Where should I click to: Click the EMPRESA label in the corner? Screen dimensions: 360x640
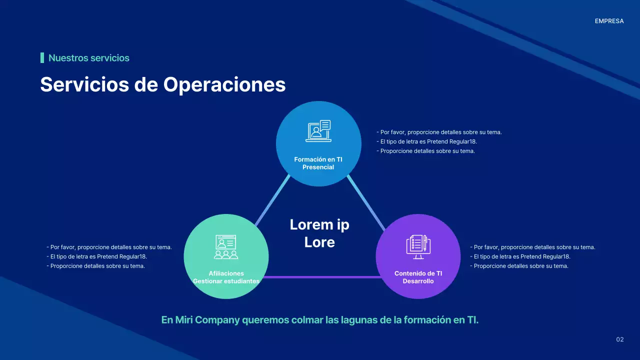click(x=609, y=21)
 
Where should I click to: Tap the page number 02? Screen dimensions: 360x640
click(x=620, y=340)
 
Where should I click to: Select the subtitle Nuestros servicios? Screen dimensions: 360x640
click(x=89, y=58)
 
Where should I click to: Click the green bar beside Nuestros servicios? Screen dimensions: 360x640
click(x=42, y=58)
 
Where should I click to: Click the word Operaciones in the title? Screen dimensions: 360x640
click(x=224, y=84)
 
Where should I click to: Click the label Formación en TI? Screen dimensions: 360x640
click(x=318, y=159)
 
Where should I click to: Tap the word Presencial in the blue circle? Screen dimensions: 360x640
click(x=318, y=167)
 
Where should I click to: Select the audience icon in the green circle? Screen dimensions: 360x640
click(x=226, y=247)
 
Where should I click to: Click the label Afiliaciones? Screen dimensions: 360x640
click(x=226, y=273)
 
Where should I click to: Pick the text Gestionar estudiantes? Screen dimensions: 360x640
click(x=226, y=281)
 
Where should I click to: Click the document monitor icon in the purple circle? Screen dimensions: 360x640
click(x=418, y=247)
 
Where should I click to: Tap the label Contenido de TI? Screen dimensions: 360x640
click(x=418, y=273)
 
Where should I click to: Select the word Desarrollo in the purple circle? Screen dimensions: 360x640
click(x=418, y=281)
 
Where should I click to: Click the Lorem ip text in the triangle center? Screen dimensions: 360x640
click(x=319, y=225)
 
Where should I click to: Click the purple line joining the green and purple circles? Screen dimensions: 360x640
click(x=322, y=277)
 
